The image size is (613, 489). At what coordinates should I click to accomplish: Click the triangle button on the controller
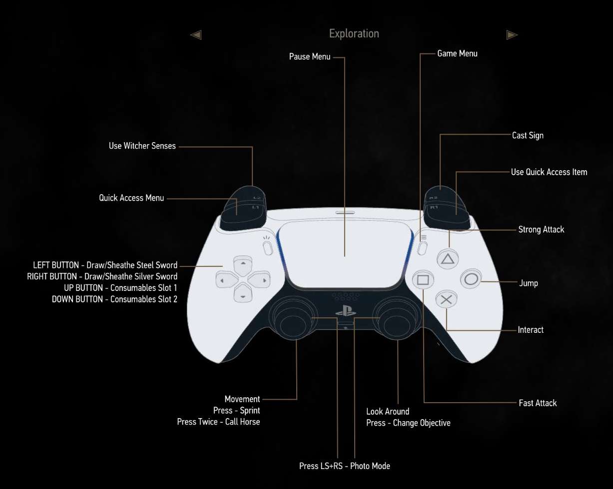(448, 259)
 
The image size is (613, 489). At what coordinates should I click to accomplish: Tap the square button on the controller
(423, 280)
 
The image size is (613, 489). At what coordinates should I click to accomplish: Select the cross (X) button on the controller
(446, 299)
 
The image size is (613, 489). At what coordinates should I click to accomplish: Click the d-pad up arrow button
(243, 265)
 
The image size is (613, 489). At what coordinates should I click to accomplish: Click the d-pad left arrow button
(226, 280)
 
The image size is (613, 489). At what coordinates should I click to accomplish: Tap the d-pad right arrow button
(259, 280)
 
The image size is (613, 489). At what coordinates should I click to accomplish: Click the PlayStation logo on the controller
(346, 311)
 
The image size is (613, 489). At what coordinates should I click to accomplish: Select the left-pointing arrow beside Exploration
(196, 35)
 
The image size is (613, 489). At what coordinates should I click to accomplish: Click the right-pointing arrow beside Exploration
(512, 35)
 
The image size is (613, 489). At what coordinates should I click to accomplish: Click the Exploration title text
(354, 33)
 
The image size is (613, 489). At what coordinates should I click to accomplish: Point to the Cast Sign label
(528, 135)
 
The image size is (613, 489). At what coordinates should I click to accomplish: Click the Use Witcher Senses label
(142, 146)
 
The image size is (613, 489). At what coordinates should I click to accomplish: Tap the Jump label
(529, 283)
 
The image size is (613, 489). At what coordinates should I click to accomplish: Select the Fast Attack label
(538, 403)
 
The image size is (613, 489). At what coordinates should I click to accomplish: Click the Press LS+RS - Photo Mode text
(344, 466)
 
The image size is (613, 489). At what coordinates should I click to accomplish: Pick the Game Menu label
(457, 53)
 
